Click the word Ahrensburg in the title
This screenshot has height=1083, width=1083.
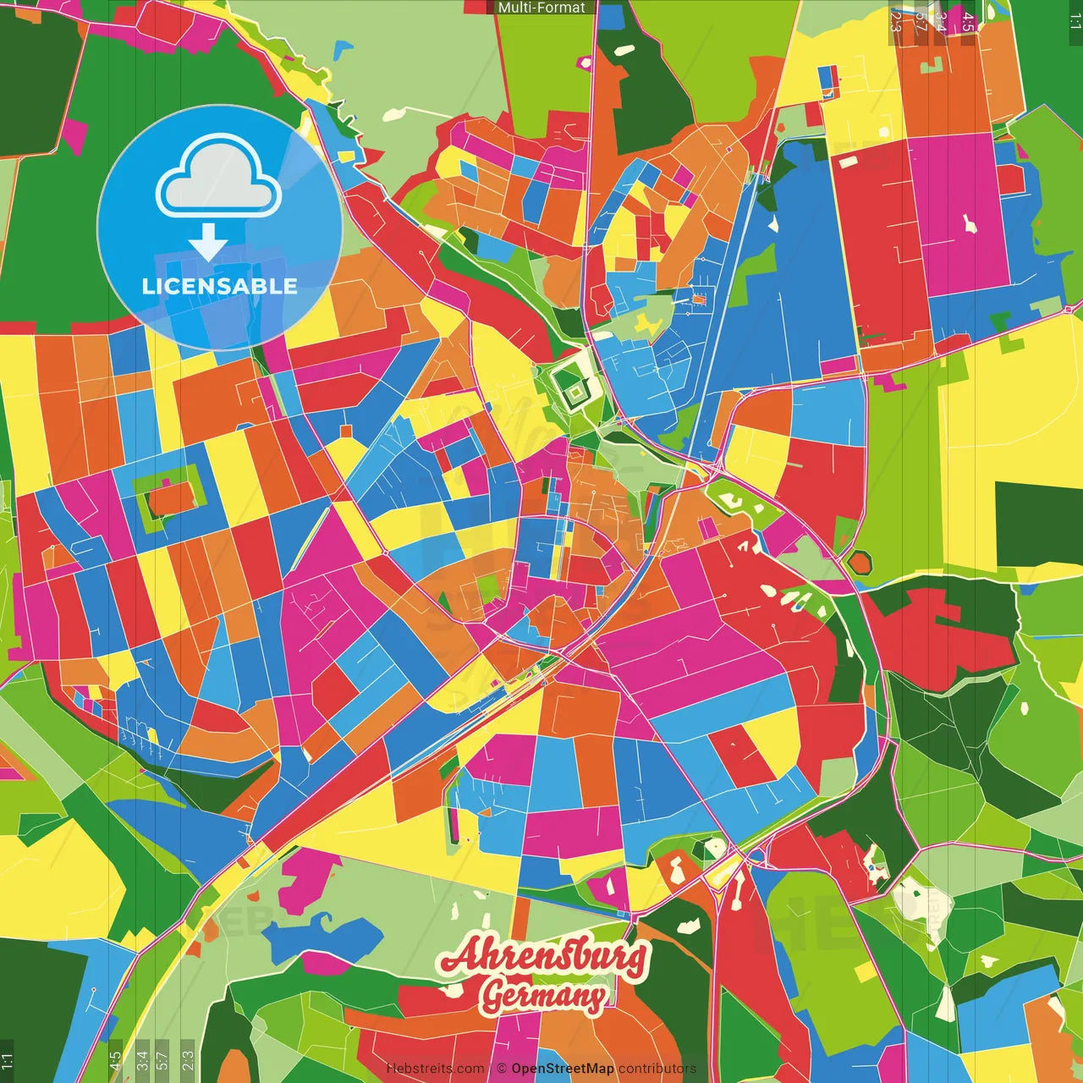click(x=544, y=956)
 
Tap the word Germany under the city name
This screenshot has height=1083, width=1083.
click(x=544, y=996)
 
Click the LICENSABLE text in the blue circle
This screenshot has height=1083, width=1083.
click(x=219, y=286)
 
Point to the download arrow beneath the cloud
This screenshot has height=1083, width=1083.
click(x=208, y=243)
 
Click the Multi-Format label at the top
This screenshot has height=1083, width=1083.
click(x=541, y=8)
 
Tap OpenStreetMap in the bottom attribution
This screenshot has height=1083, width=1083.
click(x=562, y=1069)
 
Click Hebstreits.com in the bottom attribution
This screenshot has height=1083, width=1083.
click(x=435, y=1069)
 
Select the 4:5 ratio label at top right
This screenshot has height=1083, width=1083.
click(x=968, y=22)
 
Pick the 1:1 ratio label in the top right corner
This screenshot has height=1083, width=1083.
click(x=1075, y=22)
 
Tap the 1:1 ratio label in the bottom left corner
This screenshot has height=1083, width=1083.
click(x=7, y=1061)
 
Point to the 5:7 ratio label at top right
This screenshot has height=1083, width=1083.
click(x=921, y=22)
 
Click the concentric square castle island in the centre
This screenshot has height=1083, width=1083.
click(x=575, y=392)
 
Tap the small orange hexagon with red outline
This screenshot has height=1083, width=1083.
click(x=860, y=561)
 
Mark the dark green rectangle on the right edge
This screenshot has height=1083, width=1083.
click(x=1038, y=525)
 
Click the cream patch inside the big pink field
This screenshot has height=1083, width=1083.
click(x=969, y=224)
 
